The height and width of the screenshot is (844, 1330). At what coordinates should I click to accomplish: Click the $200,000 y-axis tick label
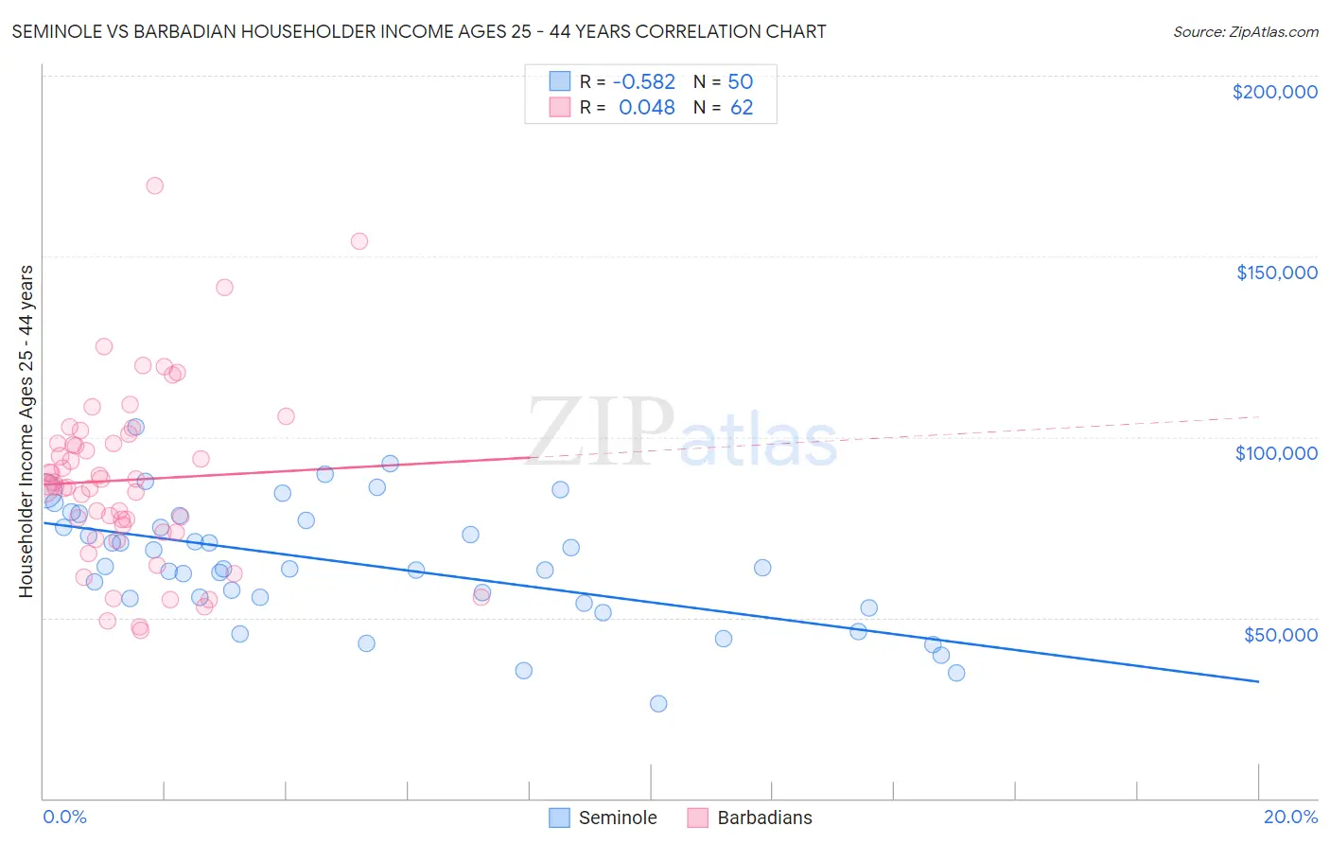pos(1274,92)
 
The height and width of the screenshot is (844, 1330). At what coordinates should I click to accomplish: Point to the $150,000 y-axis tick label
pos(1276,273)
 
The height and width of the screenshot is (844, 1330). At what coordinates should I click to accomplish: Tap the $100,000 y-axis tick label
pos(1276,453)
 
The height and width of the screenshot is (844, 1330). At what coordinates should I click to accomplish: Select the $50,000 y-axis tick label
pos(1280,635)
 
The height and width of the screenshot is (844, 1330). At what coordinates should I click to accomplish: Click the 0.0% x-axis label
pos(64,817)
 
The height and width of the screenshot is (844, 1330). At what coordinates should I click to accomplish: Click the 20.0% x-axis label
pos(1290,817)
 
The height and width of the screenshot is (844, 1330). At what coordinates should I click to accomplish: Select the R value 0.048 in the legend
pos(646,108)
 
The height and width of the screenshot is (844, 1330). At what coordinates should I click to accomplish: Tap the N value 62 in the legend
pos(742,108)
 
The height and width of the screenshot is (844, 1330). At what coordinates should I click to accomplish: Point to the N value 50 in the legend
pos(740,82)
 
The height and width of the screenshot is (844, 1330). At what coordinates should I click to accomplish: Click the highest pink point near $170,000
pos(154,185)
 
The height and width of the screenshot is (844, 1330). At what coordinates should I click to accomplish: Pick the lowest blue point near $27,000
pos(658,704)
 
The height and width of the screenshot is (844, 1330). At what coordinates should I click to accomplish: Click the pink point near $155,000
pos(359,241)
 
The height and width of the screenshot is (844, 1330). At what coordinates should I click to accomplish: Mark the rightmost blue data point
pos(956,673)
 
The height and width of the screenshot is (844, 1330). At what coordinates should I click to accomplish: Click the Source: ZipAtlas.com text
pos(1245,32)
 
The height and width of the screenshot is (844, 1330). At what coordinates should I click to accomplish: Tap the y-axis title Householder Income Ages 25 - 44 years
pos(26,431)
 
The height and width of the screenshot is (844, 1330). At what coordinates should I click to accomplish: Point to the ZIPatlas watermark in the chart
pos(681,433)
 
